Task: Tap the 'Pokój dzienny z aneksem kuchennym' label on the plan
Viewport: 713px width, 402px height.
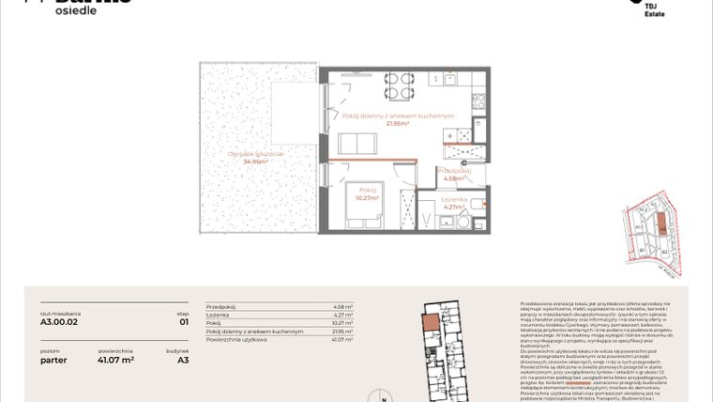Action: coord(397,116)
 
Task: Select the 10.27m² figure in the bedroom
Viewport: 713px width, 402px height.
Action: coord(368,198)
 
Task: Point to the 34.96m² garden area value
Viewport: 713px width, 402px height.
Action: coord(255,162)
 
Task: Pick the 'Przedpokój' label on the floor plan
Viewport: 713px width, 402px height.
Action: coord(453,170)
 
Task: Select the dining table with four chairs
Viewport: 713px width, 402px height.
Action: coord(397,85)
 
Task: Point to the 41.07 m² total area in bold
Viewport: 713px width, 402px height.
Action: coord(115,359)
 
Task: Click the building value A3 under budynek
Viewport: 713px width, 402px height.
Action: coord(183,359)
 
